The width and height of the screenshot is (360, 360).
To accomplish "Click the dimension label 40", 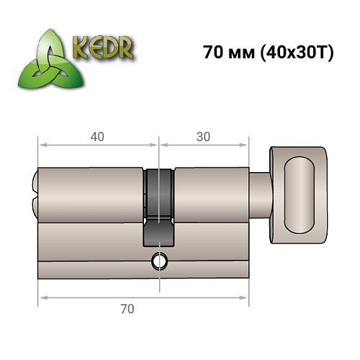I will click(96, 135).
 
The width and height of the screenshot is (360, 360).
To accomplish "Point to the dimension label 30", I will click(204, 135).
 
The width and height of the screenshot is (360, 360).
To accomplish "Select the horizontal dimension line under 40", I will click(96, 145).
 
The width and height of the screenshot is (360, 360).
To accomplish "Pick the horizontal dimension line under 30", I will click(204, 145).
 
